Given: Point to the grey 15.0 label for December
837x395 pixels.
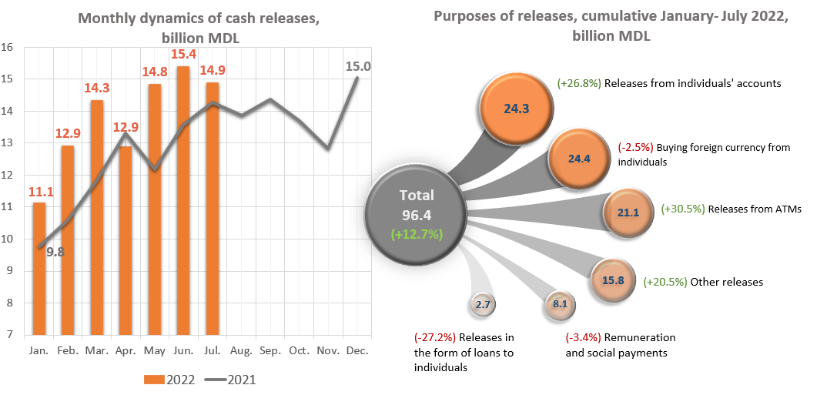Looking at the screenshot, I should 358,66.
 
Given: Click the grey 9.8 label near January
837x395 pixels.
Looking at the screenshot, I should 55,250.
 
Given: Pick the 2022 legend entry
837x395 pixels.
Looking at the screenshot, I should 169,380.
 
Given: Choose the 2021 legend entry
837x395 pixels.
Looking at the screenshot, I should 229,380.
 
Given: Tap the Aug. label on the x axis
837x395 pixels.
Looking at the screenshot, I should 241,350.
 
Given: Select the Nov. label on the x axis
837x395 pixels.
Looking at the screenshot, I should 328,350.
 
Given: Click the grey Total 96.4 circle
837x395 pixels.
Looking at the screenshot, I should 416,214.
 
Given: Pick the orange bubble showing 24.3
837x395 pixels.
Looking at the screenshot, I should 516,109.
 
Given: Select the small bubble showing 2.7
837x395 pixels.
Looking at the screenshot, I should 484,305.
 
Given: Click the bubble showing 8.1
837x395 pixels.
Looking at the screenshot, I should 560,304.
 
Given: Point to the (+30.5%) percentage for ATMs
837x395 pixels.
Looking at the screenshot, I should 683,209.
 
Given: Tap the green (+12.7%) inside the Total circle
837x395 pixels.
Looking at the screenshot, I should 417,234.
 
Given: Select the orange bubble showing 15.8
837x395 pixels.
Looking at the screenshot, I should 613,280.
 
